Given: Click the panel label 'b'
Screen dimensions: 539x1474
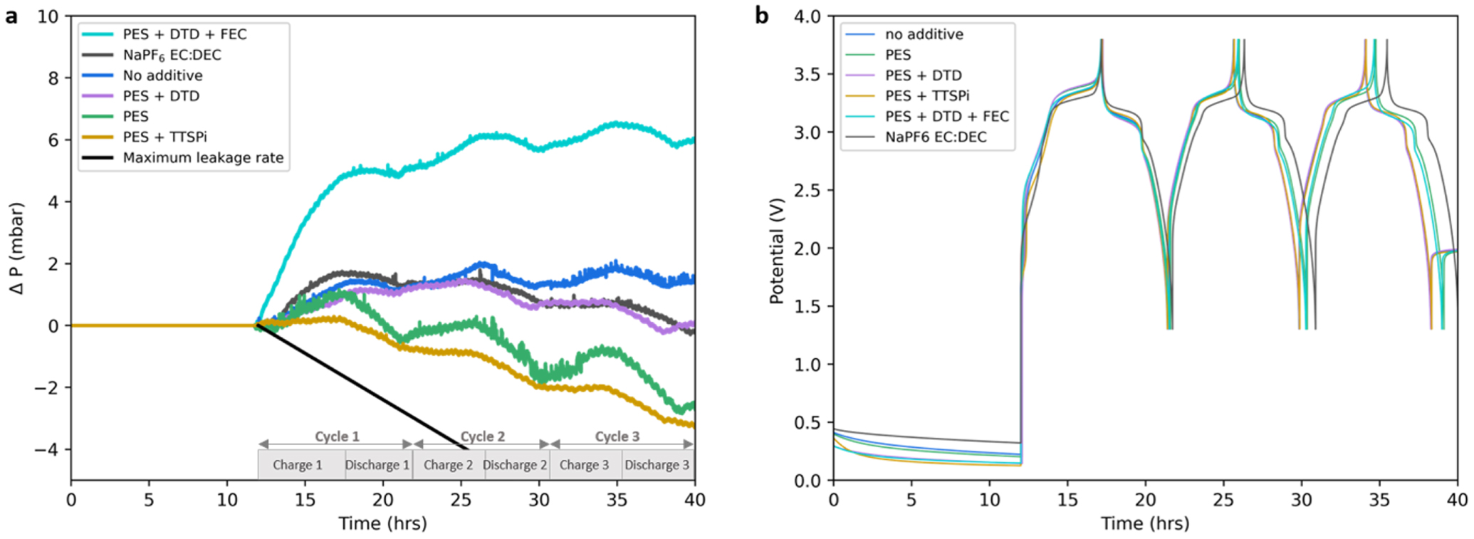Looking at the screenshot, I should (x=761, y=16).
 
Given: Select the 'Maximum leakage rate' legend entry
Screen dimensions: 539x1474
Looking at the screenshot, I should (x=203, y=157).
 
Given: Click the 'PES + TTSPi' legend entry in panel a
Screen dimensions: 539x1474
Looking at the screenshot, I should (x=164, y=137).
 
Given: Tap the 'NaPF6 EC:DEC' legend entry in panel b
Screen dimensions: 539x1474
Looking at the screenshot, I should (x=936, y=137).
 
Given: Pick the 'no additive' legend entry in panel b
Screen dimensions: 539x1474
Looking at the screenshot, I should (x=924, y=34).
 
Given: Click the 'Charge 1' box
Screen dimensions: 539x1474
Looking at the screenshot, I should (x=298, y=465).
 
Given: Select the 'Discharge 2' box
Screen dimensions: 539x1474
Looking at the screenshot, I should (x=515, y=465).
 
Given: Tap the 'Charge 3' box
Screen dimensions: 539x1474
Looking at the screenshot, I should (x=584, y=465).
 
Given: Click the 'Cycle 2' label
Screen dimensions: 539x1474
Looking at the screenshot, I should (x=482, y=436).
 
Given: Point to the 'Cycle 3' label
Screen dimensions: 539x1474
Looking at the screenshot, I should (x=617, y=436).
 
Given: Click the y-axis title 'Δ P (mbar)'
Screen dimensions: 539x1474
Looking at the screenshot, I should (x=17, y=248).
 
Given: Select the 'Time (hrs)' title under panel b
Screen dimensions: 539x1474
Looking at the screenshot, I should (x=1145, y=523).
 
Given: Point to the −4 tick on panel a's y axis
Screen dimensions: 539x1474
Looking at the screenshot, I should (x=48, y=450).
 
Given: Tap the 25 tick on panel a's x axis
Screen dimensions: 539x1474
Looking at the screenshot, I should (x=461, y=500).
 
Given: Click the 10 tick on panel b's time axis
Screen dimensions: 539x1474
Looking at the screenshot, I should (x=990, y=500).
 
